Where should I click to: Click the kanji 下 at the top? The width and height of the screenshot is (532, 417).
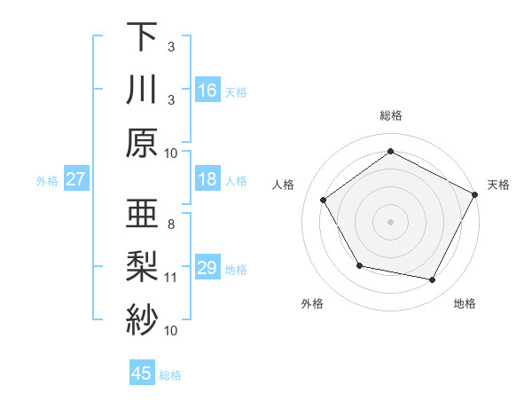[x=143, y=37]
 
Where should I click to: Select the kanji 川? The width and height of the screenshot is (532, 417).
[x=143, y=90]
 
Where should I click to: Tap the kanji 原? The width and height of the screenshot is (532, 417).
[x=143, y=142]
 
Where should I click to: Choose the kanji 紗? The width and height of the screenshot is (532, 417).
[x=143, y=319]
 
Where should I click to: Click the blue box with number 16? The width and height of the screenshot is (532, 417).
[x=207, y=90]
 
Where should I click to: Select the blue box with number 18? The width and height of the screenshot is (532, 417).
[x=207, y=179]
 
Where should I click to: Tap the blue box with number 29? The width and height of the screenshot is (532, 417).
[x=207, y=268]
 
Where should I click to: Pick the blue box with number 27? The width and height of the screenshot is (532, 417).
[x=76, y=179]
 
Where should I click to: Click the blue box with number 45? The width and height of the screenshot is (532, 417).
[x=142, y=374]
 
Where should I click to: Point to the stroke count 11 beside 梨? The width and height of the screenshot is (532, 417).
[x=171, y=278]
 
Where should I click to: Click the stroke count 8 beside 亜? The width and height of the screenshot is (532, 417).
[x=171, y=224]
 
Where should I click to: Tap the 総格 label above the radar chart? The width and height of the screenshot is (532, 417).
[x=391, y=115]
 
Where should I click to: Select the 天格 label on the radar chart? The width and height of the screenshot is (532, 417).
[x=498, y=185]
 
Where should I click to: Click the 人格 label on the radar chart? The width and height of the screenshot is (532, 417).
[x=284, y=185]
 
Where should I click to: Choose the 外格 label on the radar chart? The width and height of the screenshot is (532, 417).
[x=312, y=304]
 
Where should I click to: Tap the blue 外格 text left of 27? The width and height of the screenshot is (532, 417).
[x=47, y=180]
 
